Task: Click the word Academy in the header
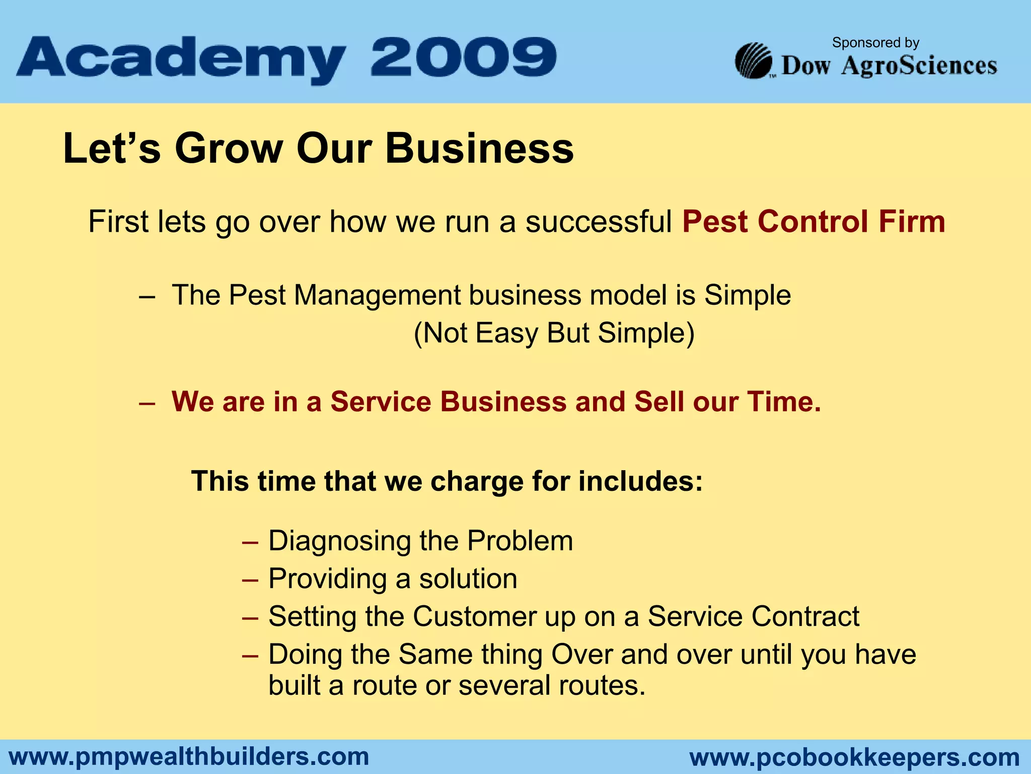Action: coord(181,59)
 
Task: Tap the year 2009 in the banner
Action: coord(464,57)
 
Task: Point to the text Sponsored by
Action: coord(875,43)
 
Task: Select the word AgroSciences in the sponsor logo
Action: coord(919,66)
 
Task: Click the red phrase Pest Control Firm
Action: coord(814,222)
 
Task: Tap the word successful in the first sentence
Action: coord(599,222)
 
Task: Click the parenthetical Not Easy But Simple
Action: coord(554,333)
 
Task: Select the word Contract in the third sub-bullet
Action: coord(805,616)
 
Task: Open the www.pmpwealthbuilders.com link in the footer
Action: coord(189,756)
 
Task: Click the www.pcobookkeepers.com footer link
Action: coord(854,757)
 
